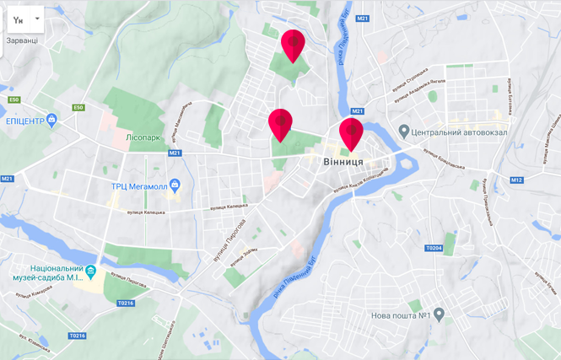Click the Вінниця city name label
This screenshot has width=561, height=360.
click(x=343, y=161)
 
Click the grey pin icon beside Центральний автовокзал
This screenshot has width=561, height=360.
click(x=404, y=132)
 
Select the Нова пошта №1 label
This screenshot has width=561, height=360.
click(x=402, y=315)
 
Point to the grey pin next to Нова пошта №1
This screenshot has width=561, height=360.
click(x=439, y=315)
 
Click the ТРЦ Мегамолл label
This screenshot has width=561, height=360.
click(x=138, y=185)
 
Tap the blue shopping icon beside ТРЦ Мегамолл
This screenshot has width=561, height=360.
click(x=174, y=185)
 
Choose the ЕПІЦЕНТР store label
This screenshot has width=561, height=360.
click(x=25, y=121)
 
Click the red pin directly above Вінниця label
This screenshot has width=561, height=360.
click(x=351, y=133)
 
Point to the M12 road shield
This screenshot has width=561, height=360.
click(x=516, y=180)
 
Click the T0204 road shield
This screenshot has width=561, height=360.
click(x=434, y=248)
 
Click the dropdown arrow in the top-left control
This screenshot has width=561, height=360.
click(x=39, y=19)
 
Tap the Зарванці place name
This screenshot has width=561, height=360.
click(x=22, y=40)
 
